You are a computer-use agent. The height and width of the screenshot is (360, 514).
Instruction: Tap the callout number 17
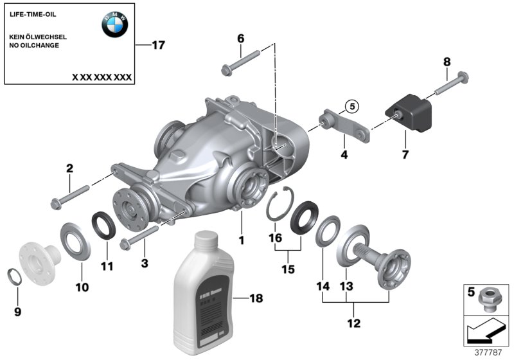tap(158, 45)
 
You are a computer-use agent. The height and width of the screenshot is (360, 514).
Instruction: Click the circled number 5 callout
tap(350, 107)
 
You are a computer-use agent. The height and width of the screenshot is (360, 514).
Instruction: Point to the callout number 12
tap(354, 323)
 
